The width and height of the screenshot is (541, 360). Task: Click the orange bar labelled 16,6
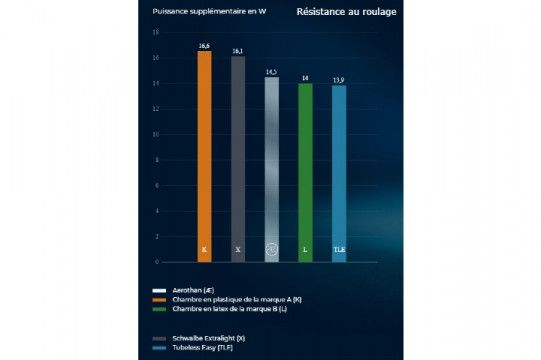[204, 150]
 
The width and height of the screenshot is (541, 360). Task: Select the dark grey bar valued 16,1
[238, 155]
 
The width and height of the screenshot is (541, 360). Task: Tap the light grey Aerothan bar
[271, 165]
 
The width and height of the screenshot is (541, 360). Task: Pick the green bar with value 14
[305, 170]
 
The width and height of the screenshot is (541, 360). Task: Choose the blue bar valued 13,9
[339, 170]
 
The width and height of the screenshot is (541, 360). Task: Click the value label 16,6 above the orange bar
[204, 46]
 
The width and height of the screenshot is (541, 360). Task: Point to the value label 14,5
[271, 73]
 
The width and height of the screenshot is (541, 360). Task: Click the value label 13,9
[339, 79]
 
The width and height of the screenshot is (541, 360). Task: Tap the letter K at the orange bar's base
[204, 249]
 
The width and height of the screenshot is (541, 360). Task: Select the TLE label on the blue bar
[339, 249]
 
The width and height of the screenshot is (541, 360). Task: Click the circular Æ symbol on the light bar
[271, 249]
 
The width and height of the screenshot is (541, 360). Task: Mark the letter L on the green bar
[305, 249]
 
